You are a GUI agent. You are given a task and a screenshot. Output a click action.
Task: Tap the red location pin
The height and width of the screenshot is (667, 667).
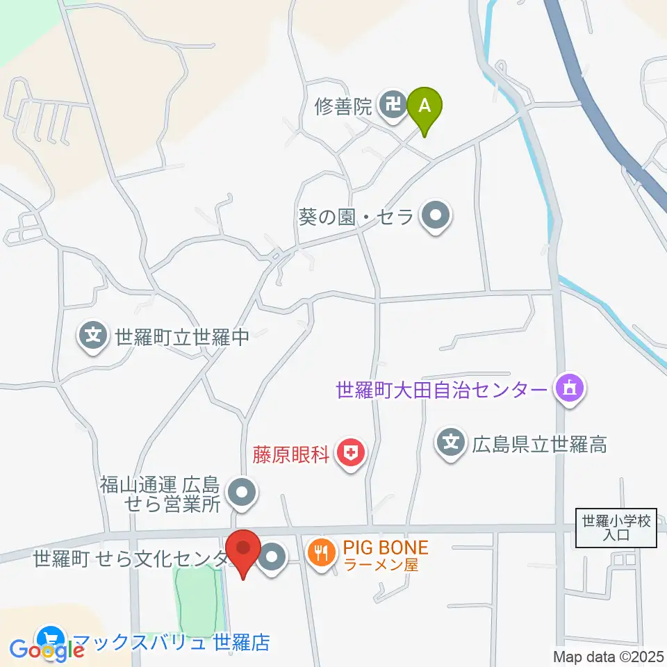point(243,550)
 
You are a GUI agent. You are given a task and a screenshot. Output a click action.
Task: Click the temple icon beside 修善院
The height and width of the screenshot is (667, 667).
point(393,106)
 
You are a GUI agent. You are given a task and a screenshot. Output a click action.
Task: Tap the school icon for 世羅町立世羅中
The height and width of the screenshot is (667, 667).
point(93,338)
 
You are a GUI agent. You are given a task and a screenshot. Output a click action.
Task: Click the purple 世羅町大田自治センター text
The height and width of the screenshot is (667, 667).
point(442,390)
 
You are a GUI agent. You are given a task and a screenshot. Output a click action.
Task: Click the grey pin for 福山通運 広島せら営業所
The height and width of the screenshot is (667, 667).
point(242,494)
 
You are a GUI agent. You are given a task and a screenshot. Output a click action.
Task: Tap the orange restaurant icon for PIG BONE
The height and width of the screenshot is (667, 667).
point(321,554)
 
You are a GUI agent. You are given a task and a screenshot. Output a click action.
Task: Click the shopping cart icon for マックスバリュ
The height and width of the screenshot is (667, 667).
point(50,639)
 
